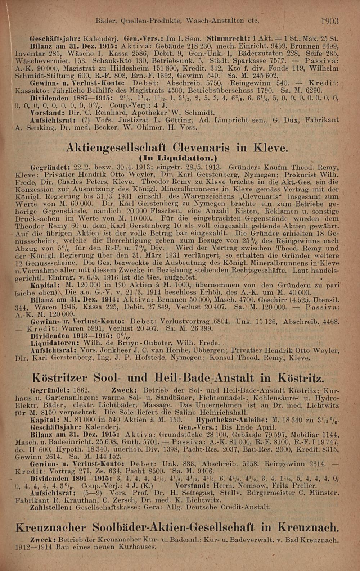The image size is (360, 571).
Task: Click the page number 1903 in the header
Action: (x=330, y=21)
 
